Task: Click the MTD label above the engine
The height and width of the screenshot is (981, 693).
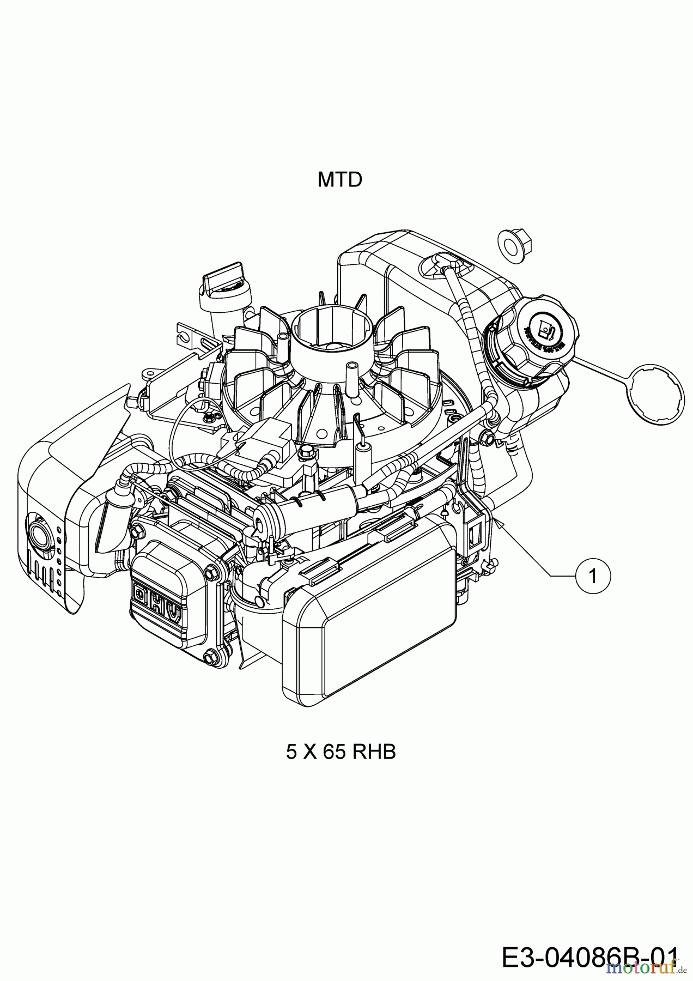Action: [339, 179]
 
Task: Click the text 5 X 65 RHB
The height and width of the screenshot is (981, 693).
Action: [341, 752]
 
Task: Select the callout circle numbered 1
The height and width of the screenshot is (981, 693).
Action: [593, 576]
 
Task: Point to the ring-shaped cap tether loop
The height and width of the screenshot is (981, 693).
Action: [655, 394]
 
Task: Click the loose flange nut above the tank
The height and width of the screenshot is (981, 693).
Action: [514, 244]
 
